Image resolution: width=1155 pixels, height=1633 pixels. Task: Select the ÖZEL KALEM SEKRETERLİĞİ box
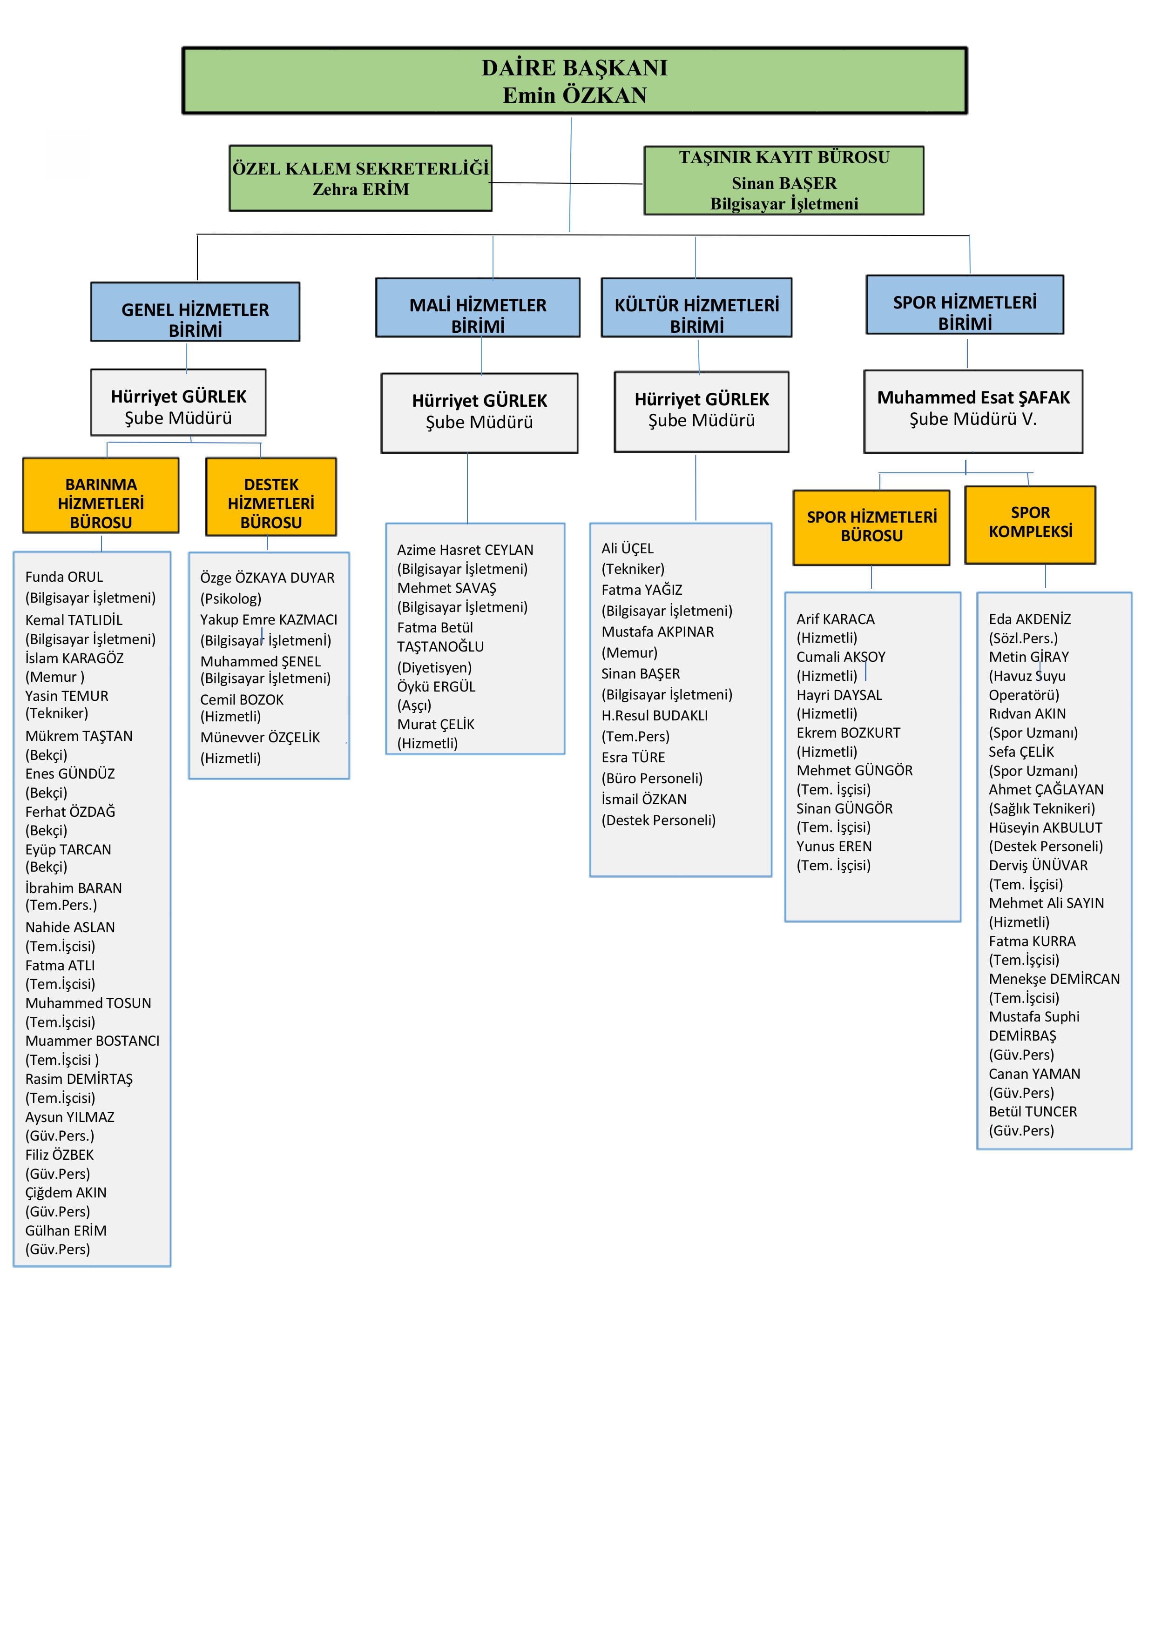point(360,178)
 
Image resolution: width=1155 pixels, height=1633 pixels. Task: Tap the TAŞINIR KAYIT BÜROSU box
point(784,180)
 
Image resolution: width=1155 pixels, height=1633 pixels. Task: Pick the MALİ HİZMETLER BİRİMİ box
point(478,307)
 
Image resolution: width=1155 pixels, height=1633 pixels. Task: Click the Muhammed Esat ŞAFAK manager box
point(973,411)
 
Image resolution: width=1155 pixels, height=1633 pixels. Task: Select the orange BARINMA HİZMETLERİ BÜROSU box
point(101,496)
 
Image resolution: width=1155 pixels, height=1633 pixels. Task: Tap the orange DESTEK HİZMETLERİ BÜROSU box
point(270,497)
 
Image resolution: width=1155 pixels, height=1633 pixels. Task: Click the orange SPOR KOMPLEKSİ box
point(1030,525)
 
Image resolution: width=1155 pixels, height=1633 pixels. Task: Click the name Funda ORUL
point(64,577)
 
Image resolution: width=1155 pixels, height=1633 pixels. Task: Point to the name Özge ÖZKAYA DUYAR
point(267,578)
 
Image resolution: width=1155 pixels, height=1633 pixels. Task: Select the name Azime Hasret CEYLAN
point(465,550)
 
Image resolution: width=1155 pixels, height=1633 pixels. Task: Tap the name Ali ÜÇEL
point(627,548)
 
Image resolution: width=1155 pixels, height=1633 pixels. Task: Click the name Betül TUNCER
point(1032,1111)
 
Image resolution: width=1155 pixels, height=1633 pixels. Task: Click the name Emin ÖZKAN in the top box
point(574,95)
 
